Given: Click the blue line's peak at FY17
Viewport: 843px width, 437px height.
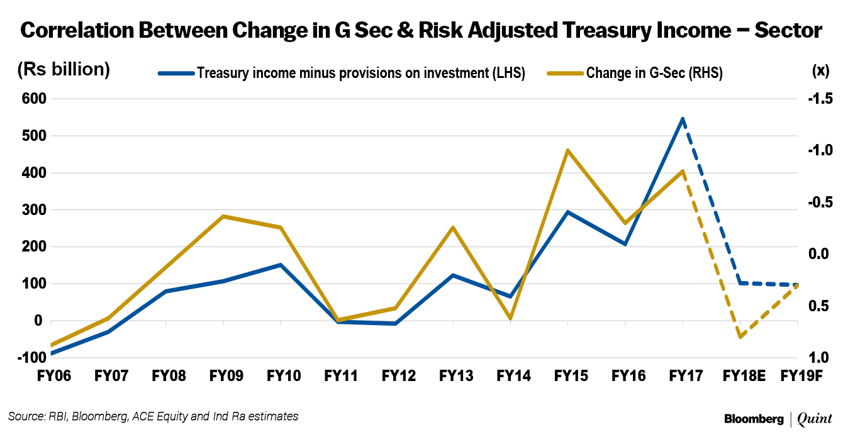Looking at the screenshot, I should click(683, 118).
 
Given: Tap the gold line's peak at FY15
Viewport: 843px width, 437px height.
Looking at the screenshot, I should click(567, 150).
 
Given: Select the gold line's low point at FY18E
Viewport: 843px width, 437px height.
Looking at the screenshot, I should click(740, 337).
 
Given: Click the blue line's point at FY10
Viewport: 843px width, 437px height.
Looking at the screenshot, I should click(281, 265).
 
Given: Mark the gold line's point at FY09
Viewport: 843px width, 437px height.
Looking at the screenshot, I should click(223, 216).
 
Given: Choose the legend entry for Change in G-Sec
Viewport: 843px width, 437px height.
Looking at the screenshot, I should click(654, 73).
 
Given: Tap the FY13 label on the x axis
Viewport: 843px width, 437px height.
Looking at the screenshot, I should click(456, 377).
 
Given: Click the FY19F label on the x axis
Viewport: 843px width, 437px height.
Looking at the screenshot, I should click(801, 377).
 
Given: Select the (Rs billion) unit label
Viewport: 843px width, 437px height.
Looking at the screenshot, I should click(64, 69).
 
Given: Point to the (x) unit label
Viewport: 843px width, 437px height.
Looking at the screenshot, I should click(820, 70).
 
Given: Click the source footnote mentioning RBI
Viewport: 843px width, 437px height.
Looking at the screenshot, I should click(153, 416).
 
